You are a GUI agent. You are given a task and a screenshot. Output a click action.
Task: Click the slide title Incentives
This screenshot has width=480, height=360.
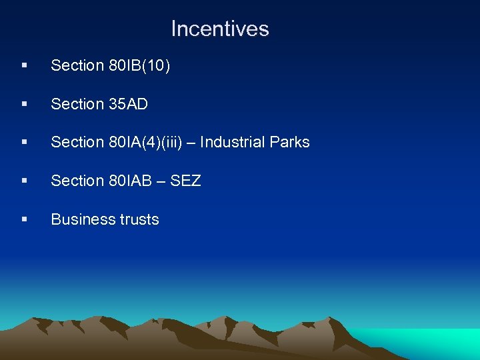(219, 29)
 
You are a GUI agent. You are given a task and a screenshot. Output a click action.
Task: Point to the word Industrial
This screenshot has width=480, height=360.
(233, 142)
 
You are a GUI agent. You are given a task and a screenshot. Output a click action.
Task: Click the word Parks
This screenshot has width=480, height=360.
(291, 142)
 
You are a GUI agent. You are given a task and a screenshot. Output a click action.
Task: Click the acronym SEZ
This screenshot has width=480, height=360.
(186, 181)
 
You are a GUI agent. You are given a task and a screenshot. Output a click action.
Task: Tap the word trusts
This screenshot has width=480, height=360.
(137, 219)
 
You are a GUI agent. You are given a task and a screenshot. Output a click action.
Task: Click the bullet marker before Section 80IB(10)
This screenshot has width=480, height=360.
(24, 66)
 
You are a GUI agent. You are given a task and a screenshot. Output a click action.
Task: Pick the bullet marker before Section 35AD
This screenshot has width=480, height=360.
(24, 105)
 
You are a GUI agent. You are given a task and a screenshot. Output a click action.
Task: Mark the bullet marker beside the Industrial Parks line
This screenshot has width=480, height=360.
(24, 143)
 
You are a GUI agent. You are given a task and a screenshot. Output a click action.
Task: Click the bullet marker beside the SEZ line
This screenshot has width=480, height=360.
(24, 181)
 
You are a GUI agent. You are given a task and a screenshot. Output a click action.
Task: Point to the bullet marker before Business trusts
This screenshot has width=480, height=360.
(24, 220)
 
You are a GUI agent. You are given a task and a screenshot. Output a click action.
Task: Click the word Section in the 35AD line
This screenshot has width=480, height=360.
(77, 104)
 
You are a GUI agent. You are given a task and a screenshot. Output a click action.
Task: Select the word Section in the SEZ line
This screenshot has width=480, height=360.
(77, 181)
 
